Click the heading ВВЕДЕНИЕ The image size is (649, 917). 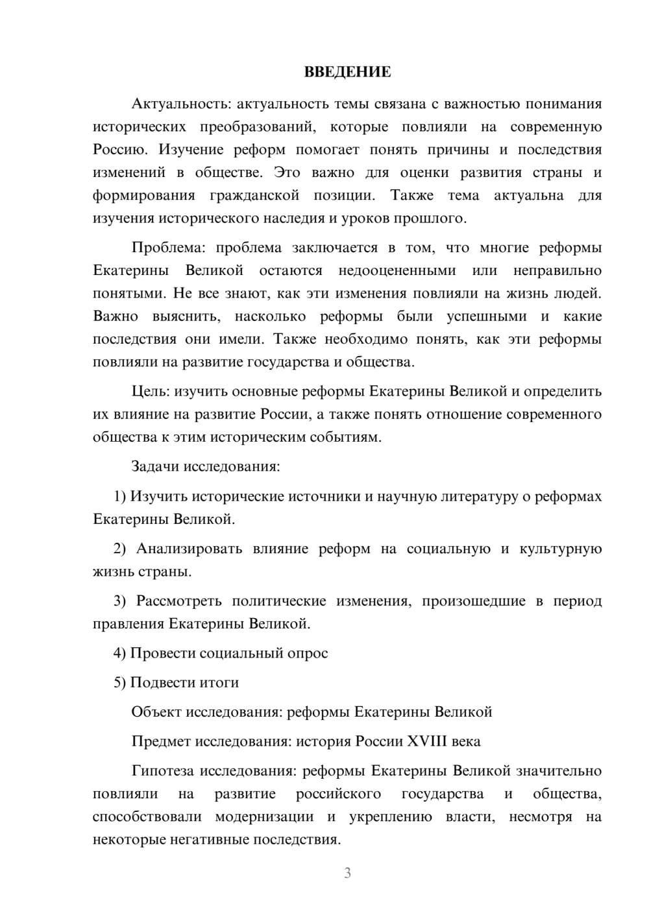pyautogui.click(x=347, y=72)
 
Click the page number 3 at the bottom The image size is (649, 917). pyautogui.click(x=347, y=873)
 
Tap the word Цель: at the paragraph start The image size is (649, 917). pyautogui.click(x=151, y=392)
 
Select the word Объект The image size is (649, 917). pyautogui.click(x=156, y=712)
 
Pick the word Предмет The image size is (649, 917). pyautogui.click(x=161, y=741)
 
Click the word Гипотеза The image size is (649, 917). pyautogui.click(x=163, y=771)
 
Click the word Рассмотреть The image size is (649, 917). pyautogui.click(x=179, y=601)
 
